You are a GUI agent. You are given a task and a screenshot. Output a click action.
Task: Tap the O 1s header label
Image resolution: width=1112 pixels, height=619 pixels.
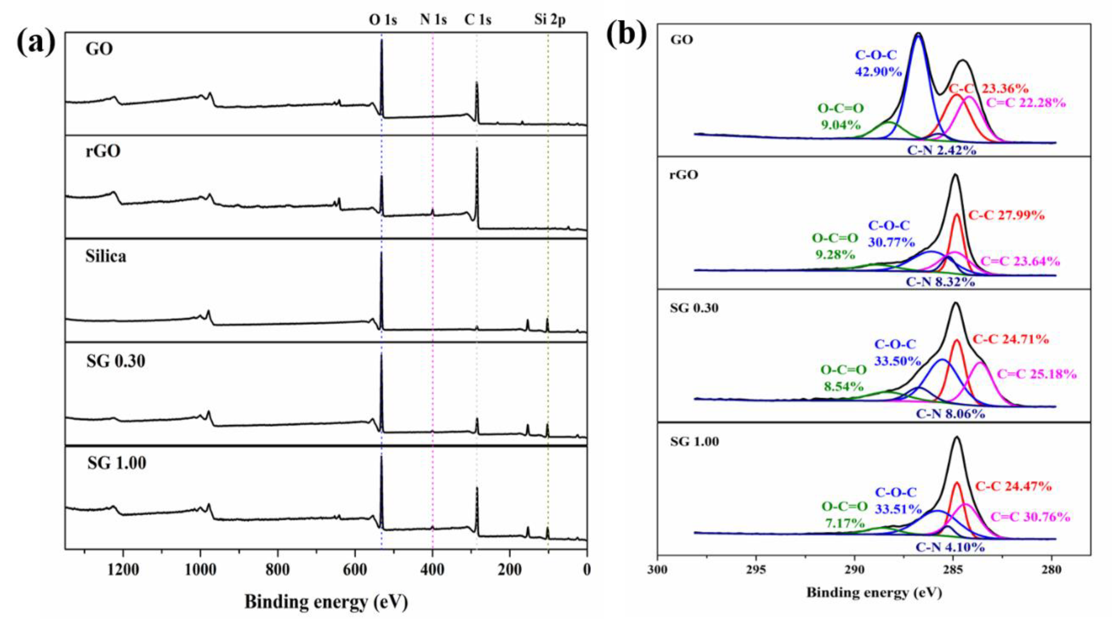coord(382,20)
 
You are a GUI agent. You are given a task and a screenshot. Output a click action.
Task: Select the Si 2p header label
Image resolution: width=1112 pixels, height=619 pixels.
coord(549,20)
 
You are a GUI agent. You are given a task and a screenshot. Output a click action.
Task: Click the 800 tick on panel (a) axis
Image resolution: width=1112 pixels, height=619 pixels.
coord(278,570)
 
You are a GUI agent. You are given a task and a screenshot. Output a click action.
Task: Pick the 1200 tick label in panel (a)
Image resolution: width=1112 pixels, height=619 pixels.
coord(124,570)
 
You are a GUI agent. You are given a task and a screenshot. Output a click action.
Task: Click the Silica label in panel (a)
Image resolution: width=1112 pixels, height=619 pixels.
coord(106,256)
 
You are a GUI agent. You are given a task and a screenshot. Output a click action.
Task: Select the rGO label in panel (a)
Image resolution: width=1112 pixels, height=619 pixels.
coord(103,151)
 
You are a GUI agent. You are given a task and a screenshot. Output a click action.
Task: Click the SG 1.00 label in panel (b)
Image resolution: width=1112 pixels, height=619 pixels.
coord(694,441)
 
